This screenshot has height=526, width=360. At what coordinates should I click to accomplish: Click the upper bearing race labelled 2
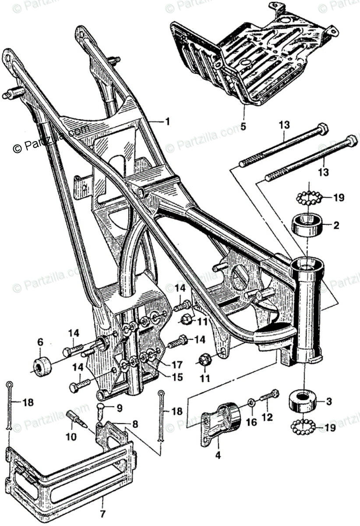coord(307,225)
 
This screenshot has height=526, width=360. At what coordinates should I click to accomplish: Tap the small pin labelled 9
coord(100,411)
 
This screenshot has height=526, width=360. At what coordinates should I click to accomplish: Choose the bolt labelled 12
coord(270,397)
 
